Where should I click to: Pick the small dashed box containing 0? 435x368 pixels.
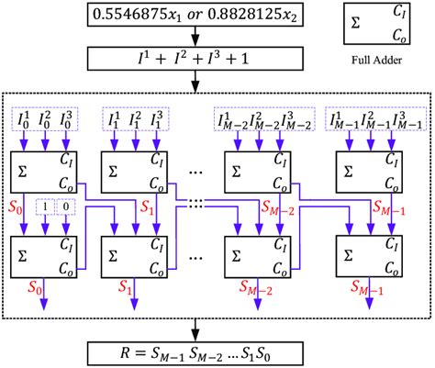[x=65, y=207]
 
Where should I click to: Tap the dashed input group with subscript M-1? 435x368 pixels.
[x=369, y=119]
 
